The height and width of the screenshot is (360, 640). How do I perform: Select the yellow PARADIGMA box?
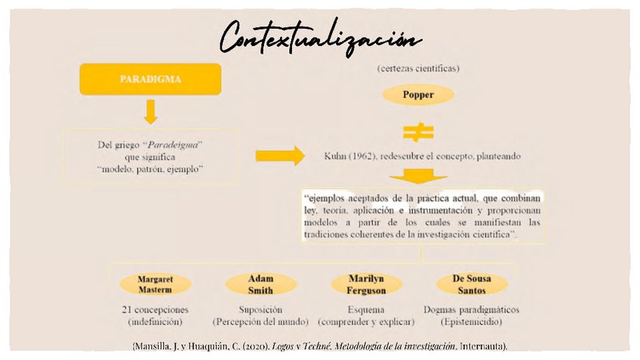[x=150, y=79]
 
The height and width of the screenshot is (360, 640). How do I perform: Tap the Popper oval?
[x=418, y=94]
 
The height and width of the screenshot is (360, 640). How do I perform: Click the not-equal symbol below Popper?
[x=417, y=133]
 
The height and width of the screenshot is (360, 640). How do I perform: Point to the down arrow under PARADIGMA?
[x=150, y=111]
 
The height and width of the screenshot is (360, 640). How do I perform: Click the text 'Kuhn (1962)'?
[x=350, y=156]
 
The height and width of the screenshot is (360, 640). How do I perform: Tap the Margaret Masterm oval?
[x=155, y=284]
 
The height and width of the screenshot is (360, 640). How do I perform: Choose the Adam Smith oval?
[x=260, y=284]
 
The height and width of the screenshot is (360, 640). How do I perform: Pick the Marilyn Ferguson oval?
[x=366, y=284]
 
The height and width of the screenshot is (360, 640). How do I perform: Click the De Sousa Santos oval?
[x=472, y=284]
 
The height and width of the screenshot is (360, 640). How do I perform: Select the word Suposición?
[x=260, y=309]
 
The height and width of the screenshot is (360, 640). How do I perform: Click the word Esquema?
[x=366, y=309]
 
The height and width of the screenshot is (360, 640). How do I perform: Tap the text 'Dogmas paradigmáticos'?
[x=472, y=309]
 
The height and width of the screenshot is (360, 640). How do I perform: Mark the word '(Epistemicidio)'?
[x=472, y=322]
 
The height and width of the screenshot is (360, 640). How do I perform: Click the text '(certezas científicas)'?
[x=418, y=69]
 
